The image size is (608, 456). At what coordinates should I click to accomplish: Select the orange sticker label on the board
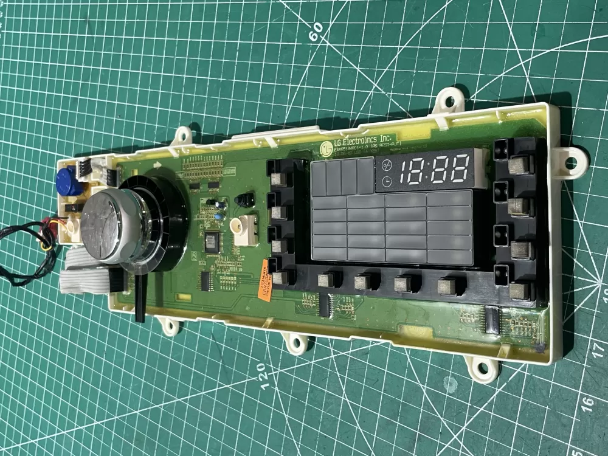pyautogui.click(x=265, y=281)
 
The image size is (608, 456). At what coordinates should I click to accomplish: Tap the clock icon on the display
pyautogui.click(x=387, y=181)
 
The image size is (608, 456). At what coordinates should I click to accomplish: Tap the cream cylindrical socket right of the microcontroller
pyautogui.click(x=245, y=230)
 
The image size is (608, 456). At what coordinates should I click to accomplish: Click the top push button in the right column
pyautogui.click(x=519, y=165)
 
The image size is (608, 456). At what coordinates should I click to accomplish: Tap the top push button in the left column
pyautogui.click(x=280, y=178)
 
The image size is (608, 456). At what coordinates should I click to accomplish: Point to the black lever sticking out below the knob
pyautogui.click(x=139, y=298)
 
